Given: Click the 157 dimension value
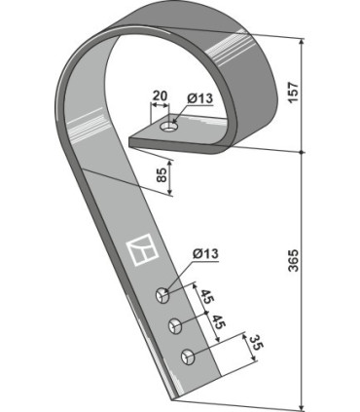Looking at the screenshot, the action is pos(293,93).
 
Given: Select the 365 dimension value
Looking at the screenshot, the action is pos(293,260).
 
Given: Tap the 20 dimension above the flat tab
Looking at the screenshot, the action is pos(160,96).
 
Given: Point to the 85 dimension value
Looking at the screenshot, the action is pos(162,175).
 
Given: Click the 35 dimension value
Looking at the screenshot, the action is pos(255,344).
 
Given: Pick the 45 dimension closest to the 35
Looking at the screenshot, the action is pos(218,321).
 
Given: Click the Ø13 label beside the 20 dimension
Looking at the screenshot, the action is pos(199,98).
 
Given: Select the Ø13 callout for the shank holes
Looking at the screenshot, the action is pos(205,253).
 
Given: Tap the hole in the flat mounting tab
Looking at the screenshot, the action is pos(169,127).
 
